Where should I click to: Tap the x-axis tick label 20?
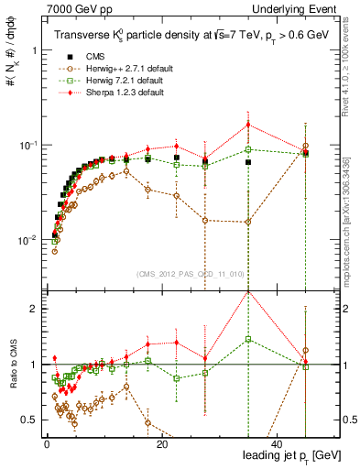[x=161, y=445]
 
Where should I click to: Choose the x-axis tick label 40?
[x=276, y=445]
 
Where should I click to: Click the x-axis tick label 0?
[x=47, y=445]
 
